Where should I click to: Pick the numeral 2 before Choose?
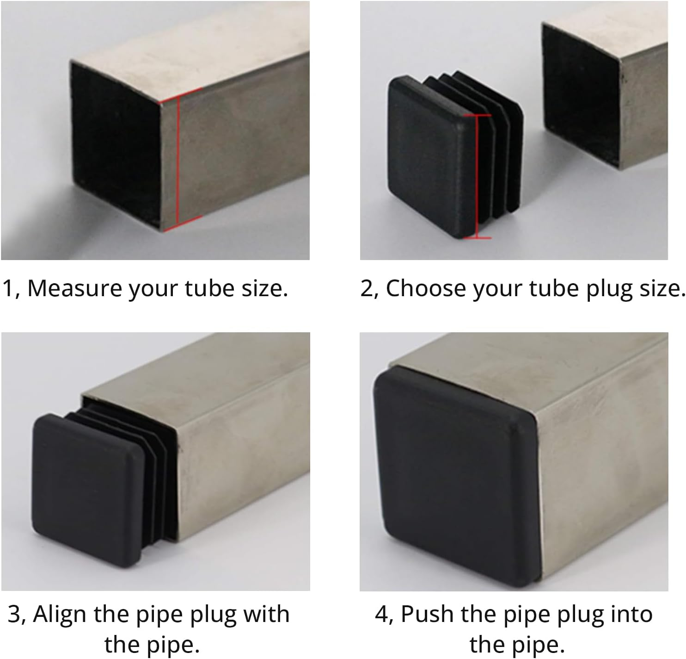coord(366,288)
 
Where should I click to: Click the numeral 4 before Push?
coord(382,615)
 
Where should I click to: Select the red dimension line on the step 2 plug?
coord(476,176)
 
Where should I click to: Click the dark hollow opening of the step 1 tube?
coord(116,143)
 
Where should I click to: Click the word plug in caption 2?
coord(609,288)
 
